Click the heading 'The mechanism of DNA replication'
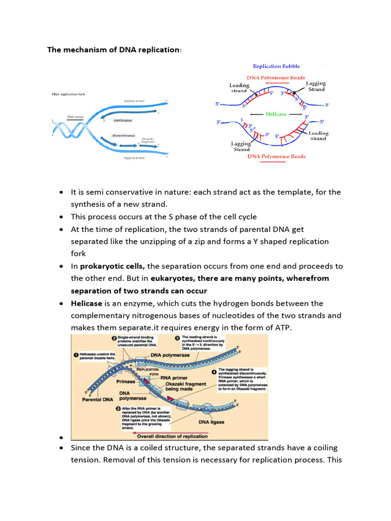click(x=113, y=50)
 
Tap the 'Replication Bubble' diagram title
click(x=276, y=66)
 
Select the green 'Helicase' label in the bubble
click(x=276, y=114)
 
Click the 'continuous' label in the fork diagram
click(x=123, y=121)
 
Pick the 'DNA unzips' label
click(x=75, y=117)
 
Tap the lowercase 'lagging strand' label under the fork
click(x=134, y=158)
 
